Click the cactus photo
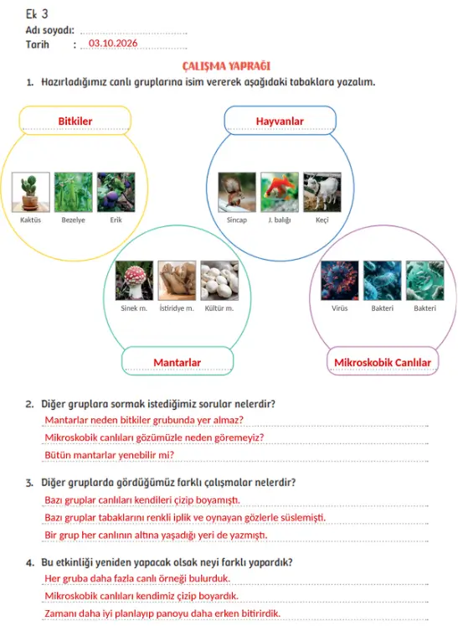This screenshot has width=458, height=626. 31,192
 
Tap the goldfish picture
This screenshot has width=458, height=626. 280,192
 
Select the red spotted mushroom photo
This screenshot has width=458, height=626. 134,280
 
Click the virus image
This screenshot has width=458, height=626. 339,280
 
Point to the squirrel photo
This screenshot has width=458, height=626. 237,192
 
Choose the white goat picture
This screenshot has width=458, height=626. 322,192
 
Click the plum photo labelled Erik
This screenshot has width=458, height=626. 116,192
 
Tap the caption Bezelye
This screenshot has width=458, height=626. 73,220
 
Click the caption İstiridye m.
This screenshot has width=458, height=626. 177,308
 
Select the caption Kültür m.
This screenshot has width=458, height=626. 219,308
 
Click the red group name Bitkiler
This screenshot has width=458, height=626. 75,121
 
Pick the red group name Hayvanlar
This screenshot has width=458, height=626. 280,121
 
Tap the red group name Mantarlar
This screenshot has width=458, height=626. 178,363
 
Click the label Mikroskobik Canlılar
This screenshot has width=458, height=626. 383,363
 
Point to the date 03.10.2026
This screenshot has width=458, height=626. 113,43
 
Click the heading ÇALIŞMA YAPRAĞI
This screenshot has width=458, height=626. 227,66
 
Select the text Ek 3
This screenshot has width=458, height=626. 37,14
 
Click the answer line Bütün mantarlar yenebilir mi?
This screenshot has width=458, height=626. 110,455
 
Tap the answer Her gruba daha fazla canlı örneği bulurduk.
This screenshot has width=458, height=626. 137,578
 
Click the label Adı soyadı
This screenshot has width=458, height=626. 50,30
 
